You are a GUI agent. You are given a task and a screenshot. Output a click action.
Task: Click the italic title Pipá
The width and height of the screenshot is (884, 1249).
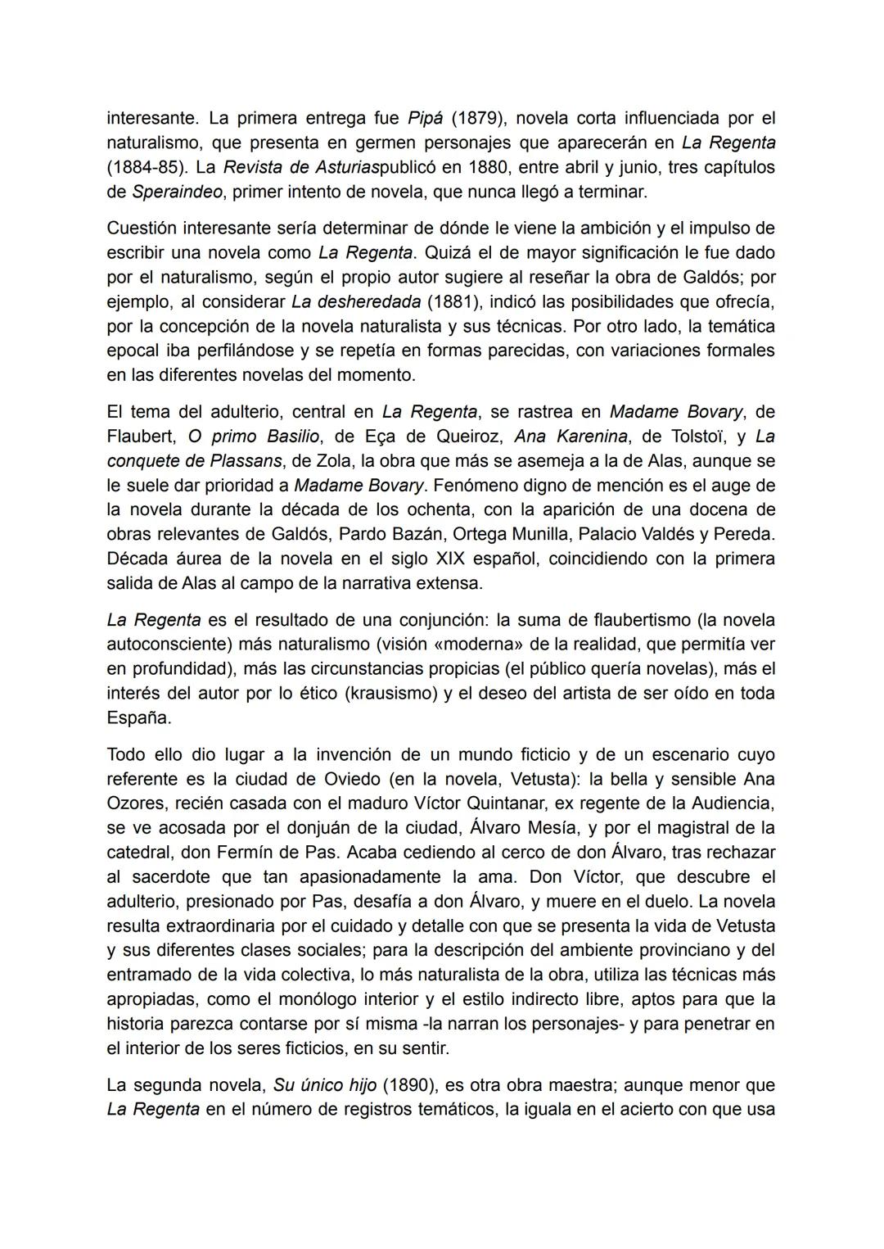(425, 118)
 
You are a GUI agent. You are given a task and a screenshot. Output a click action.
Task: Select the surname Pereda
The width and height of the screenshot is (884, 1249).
(745, 534)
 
